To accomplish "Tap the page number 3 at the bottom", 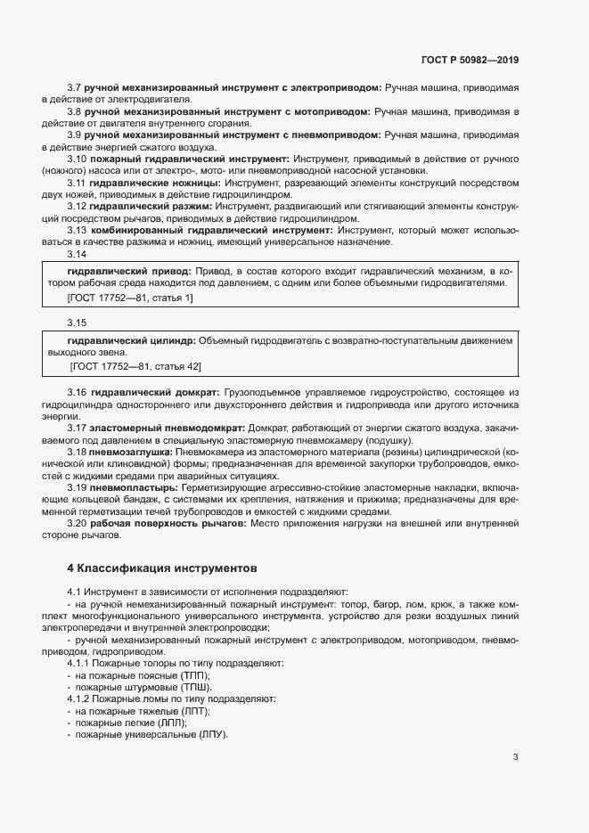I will coord(515,757).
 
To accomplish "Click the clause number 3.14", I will coord(78,254).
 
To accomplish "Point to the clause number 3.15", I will coord(78,322).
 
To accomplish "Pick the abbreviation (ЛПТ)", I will coord(193,712).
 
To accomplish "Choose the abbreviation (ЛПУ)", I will coord(212,735).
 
